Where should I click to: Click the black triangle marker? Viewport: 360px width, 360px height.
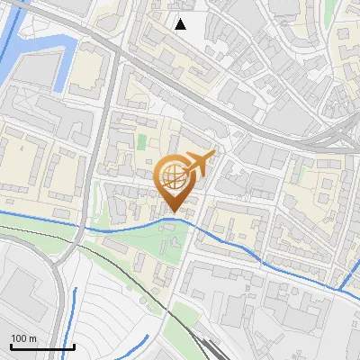pyautogui.click(x=181, y=24)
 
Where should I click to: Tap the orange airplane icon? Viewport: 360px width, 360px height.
pyautogui.click(x=198, y=163)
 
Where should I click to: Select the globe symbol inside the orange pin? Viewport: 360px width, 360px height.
pyautogui.click(x=173, y=175)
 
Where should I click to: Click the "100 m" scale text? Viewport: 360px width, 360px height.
pyautogui.click(x=24, y=338)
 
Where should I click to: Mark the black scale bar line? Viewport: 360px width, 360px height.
pyautogui.click(x=42, y=346)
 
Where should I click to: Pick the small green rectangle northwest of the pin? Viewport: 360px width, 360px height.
pyautogui.click(x=141, y=142)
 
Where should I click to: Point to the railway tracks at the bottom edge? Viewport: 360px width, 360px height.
pyautogui.click(x=209, y=349)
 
